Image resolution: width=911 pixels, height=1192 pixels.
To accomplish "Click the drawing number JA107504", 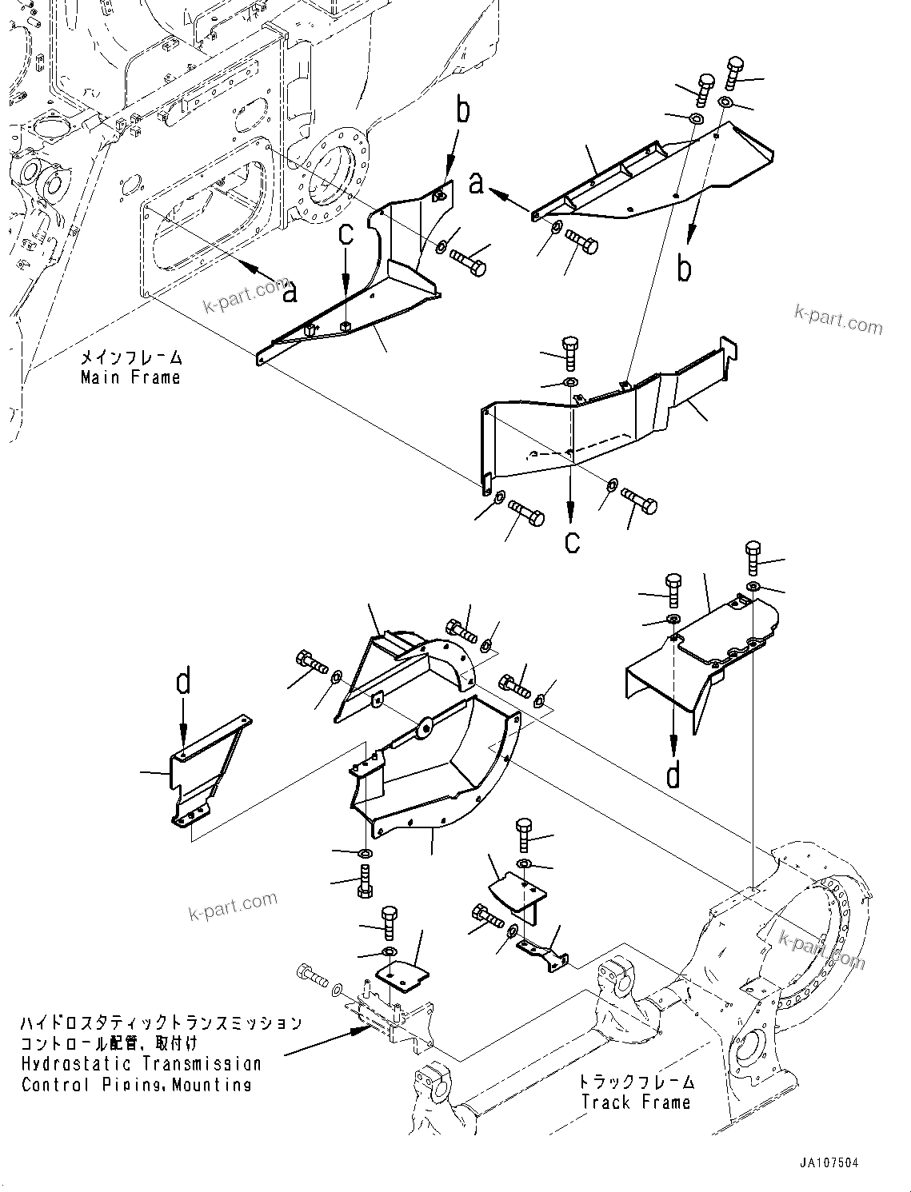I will (x=821, y=1164).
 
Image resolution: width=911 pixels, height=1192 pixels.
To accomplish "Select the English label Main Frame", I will (x=130, y=377).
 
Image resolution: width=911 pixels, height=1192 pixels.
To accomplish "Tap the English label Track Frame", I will (x=635, y=1102).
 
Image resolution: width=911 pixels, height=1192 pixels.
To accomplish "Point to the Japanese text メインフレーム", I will (x=131, y=357).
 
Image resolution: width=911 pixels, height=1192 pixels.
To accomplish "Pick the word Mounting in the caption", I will (x=213, y=1085).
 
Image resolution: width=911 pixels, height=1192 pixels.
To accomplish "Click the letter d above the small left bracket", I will (x=184, y=683).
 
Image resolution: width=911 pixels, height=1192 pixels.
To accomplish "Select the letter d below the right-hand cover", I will (x=674, y=775).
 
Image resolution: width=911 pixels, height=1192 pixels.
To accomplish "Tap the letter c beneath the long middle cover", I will (x=571, y=541).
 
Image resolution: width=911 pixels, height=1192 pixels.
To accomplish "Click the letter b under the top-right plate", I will (x=684, y=269).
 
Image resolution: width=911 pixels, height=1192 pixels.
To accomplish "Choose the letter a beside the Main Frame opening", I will (x=290, y=293).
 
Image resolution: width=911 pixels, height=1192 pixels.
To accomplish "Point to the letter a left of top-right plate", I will (x=477, y=184).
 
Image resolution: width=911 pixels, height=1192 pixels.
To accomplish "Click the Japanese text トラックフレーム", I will (x=637, y=1082).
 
